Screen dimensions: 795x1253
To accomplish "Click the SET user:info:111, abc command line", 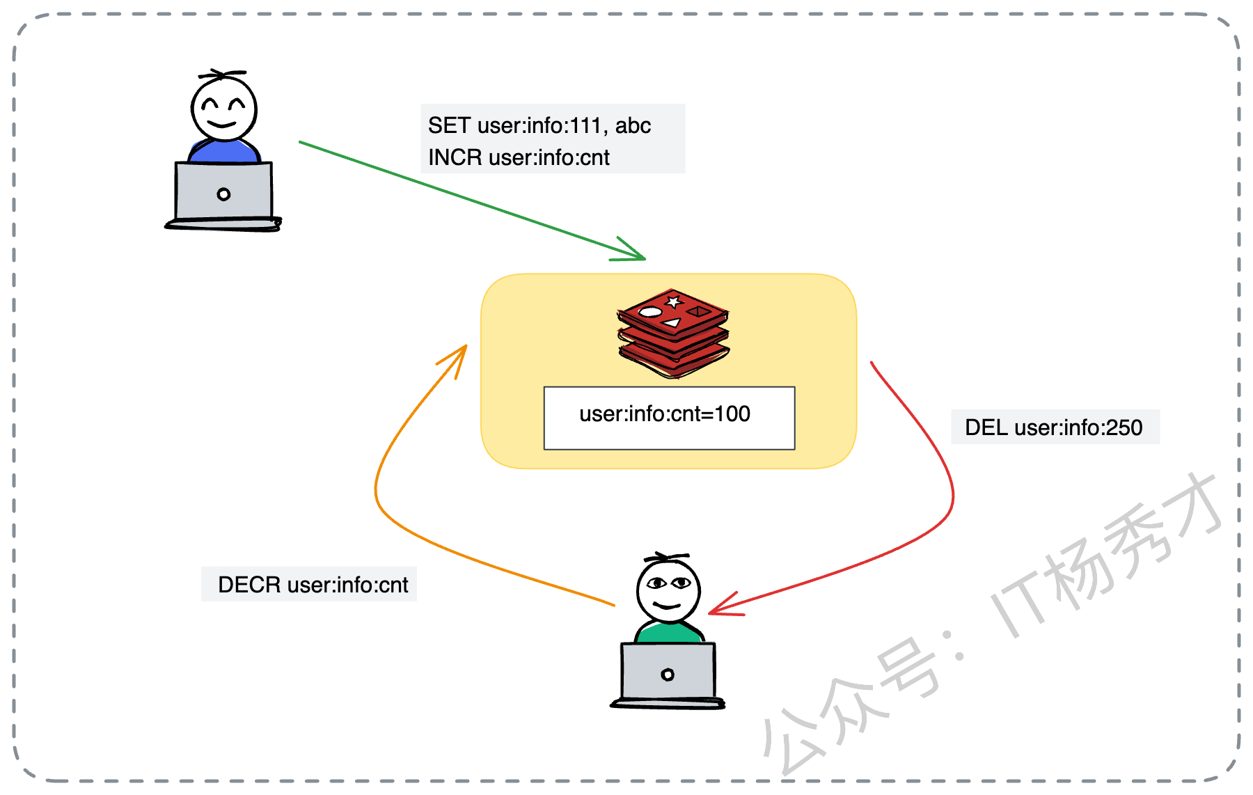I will [539, 125].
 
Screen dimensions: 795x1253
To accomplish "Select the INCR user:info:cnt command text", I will [519, 157].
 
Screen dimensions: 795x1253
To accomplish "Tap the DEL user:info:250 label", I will [1053, 427].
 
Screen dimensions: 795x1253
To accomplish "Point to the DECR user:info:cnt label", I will [313, 585].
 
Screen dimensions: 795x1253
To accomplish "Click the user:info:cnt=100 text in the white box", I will [664, 414].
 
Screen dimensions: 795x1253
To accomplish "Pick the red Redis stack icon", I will [673, 333].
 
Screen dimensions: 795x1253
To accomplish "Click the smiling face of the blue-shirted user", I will [224, 109].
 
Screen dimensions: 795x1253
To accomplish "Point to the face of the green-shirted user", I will [668, 589].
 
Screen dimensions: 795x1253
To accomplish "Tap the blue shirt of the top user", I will [223, 151].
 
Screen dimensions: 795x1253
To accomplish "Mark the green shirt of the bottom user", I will [668, 633].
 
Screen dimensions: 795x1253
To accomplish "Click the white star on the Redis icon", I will [673, 302].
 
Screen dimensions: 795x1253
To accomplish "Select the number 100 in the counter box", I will [732, 414].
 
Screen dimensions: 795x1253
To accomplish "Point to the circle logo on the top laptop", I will [223, 194].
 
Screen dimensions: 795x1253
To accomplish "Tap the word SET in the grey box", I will [449, 125].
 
